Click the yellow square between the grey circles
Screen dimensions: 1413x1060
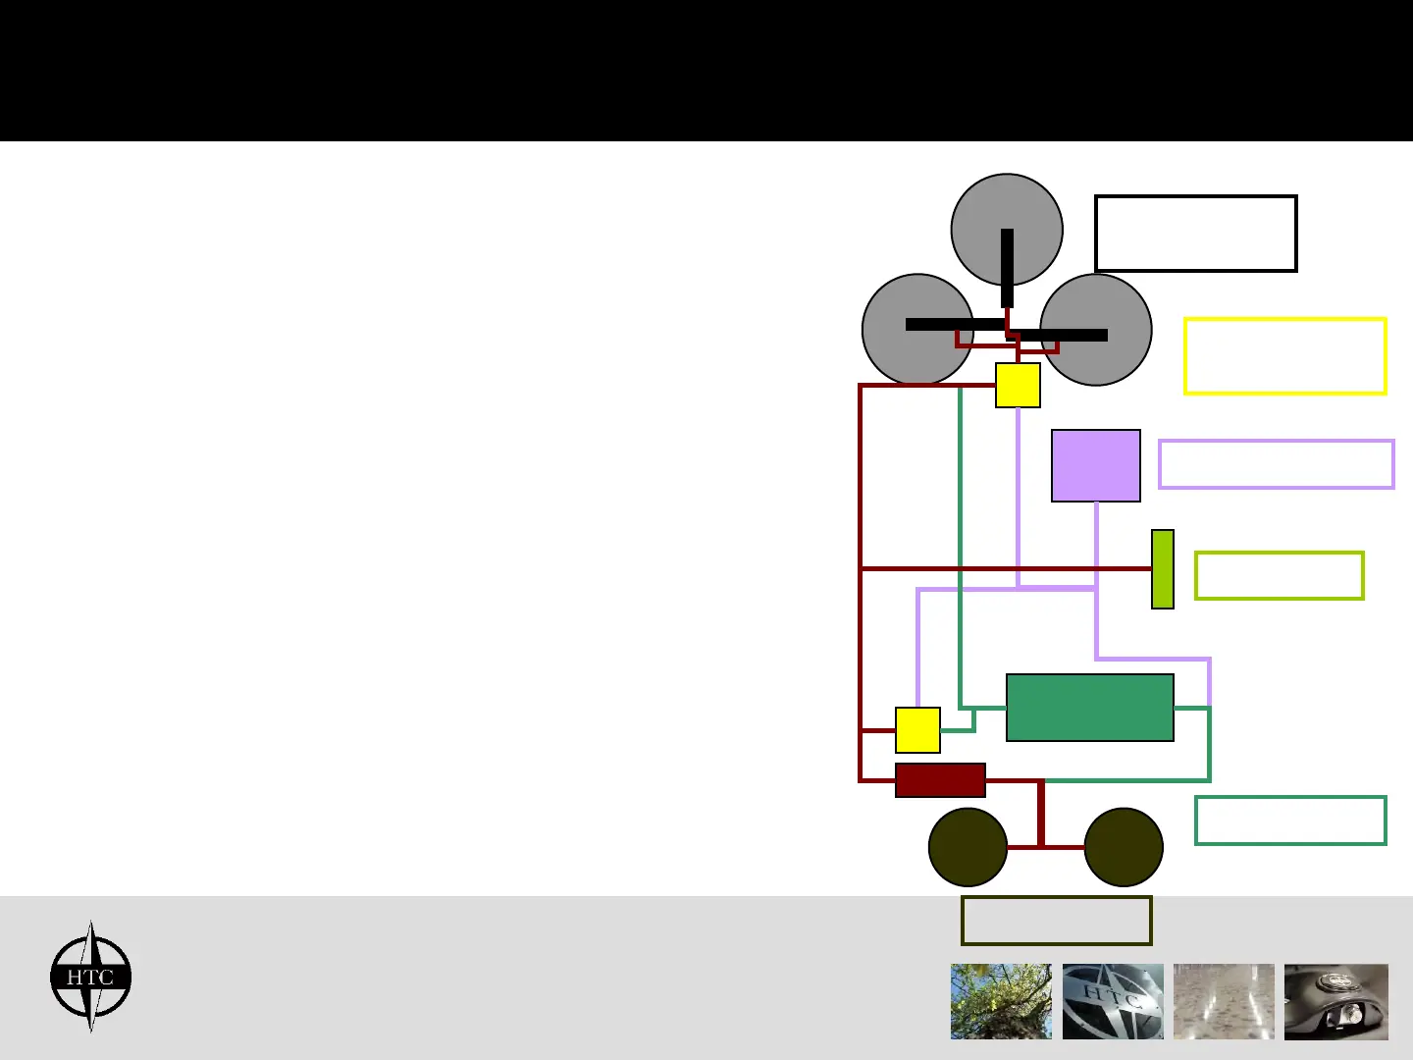pyautogui.click(x=1018, y=386)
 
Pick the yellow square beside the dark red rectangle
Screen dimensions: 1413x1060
pyautogui.click(x=917, y=730)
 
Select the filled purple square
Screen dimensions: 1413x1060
pyautogui.click(x=1095, y=465)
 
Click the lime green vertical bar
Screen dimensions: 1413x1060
pyautogui.click(x=1163, y=569)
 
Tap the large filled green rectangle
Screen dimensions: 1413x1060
pyautogui.click(x=1089, y=708)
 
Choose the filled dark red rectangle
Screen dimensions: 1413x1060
pyautogui.click(x=940, y=780)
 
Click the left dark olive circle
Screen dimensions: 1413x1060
pyautogui.click(x=968, y=847)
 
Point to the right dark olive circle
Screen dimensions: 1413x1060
pyautogui.click(x=1124, y=847)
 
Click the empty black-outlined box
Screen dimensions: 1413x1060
pyautogui.click(x=1195, y=234)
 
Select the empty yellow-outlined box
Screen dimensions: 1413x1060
pyautogui.click(x=1284, y=356)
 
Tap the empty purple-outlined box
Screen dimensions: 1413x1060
pyautogui.click(x=1276, y=464)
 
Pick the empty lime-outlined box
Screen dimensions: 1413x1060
pyautogui.click(x=1279, y=575)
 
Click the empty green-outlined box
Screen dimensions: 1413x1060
pyautogui.click(x=1290, y=821)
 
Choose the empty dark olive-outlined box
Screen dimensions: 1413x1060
pyautogui.click(x=1056, y=921)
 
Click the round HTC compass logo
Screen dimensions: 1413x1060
pyautogui.click(x=90, y=977)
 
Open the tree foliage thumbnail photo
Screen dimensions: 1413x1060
pyautogui.click(x=1001, y=1001)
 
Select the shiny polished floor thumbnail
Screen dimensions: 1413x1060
pyautogui.click(x=1224, y=1001)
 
